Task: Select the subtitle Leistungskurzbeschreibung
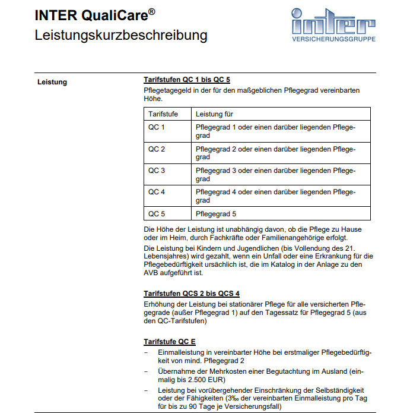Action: (x=121, y=35)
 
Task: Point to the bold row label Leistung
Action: (x=52, y=82)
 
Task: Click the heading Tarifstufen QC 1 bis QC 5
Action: (x=186, y=80)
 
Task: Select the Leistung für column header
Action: (x=214, y=113)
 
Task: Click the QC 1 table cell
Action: (x=157, y=127)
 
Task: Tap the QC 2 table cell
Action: (x=157, y=149)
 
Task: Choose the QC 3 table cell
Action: (x=157, y=171)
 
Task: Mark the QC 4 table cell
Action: (x=157, y=193)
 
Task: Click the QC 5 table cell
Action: (x=157, y=214)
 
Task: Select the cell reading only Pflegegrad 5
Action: (x=216, y=214)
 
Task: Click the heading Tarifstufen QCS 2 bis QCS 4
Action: (x=192, y=294)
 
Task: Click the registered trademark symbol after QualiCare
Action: (x=152, y=10)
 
